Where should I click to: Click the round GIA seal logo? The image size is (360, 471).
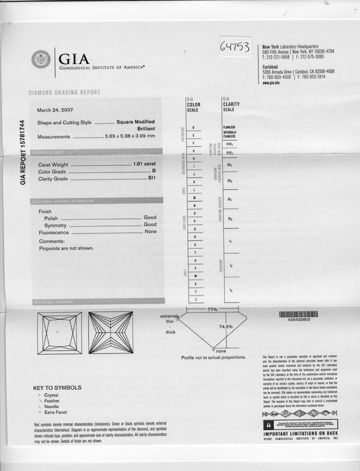click(x=41, y=59)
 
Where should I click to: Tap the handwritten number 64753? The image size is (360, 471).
click(x=235, y=47)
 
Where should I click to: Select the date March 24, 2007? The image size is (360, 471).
click(x=55, y=110)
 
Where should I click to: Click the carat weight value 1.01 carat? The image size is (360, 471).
click(x=145, y=164)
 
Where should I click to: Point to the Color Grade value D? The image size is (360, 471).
click(x=154, y=171)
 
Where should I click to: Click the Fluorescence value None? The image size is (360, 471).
click(x=150, y=232)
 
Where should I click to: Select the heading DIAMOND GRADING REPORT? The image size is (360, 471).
click(x=64, y=92)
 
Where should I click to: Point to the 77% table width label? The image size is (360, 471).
click(x=212, y=309)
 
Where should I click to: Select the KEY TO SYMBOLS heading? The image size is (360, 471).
click(x=57, y=388)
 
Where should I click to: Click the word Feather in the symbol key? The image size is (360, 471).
click(x=52, y=401)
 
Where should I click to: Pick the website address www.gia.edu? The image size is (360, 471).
click(x=271, y=83)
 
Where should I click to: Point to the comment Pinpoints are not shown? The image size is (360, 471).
click(x=66, y=248)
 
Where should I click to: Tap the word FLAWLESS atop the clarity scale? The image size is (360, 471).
click(x=230, y=127)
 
